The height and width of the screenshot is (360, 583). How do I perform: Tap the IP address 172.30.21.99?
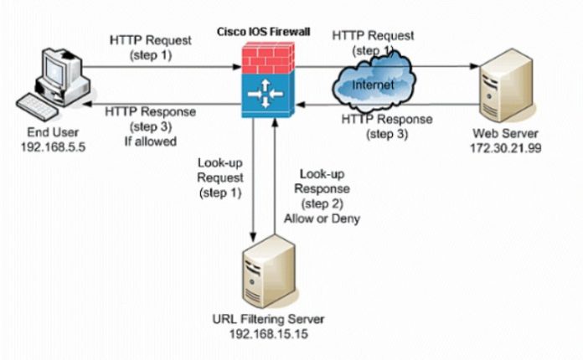click(x=502, y=146)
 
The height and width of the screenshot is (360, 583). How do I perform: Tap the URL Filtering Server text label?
click(x=269, y=320)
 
